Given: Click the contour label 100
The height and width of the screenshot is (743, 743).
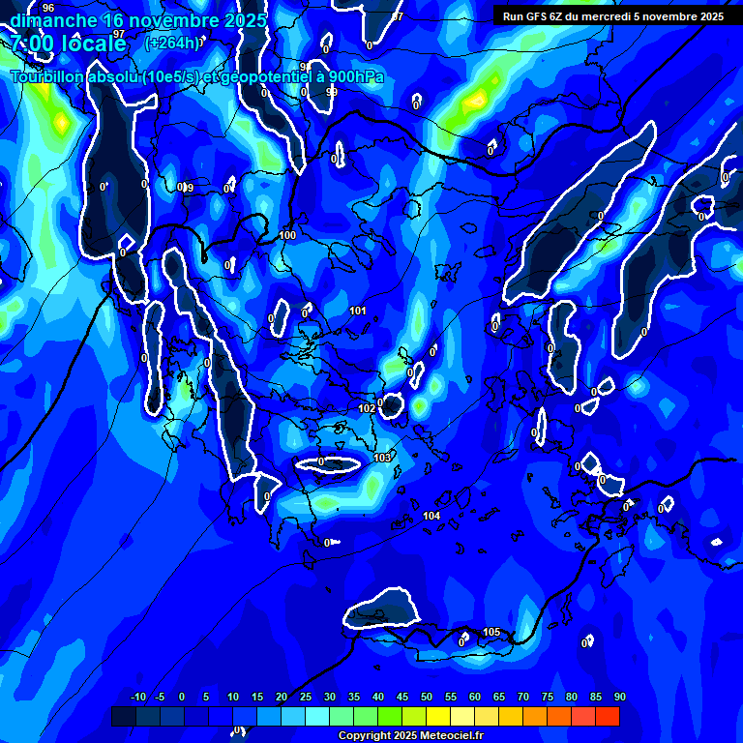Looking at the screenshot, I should (x=288, y=235).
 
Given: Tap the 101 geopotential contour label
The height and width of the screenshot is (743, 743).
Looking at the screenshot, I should (x=358, y=311).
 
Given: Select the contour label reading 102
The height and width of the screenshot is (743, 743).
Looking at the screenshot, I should (x=367, y=409).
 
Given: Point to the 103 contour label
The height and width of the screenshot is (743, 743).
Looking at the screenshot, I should (x=382, y=458).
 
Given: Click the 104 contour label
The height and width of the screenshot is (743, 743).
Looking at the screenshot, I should (x=431, y=516).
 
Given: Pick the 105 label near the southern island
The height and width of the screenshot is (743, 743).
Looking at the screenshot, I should (x=491, y=632).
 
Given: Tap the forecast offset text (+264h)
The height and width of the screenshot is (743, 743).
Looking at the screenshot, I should (x=172, y=43).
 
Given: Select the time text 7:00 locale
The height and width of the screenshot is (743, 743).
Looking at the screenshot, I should (x=69, y=44).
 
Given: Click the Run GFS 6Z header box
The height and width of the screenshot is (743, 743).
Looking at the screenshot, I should (x=613, y=15).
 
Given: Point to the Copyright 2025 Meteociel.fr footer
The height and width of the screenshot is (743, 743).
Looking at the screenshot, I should (x=410, y=736).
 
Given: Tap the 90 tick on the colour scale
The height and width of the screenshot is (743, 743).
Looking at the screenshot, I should (x=619, y=697).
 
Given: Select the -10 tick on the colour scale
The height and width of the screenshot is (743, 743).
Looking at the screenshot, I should (x=137, y=697).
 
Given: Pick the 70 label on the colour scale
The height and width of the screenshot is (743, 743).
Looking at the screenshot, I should (x=522, y=697).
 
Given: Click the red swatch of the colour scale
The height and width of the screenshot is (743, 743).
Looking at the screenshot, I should (x=607, y=716).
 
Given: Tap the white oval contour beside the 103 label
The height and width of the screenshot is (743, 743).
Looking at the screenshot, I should (x=328, y=463).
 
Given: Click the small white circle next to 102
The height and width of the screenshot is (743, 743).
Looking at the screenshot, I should (x=392, y=405).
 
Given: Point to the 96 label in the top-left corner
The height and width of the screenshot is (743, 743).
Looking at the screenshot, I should (x=48, y=8).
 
